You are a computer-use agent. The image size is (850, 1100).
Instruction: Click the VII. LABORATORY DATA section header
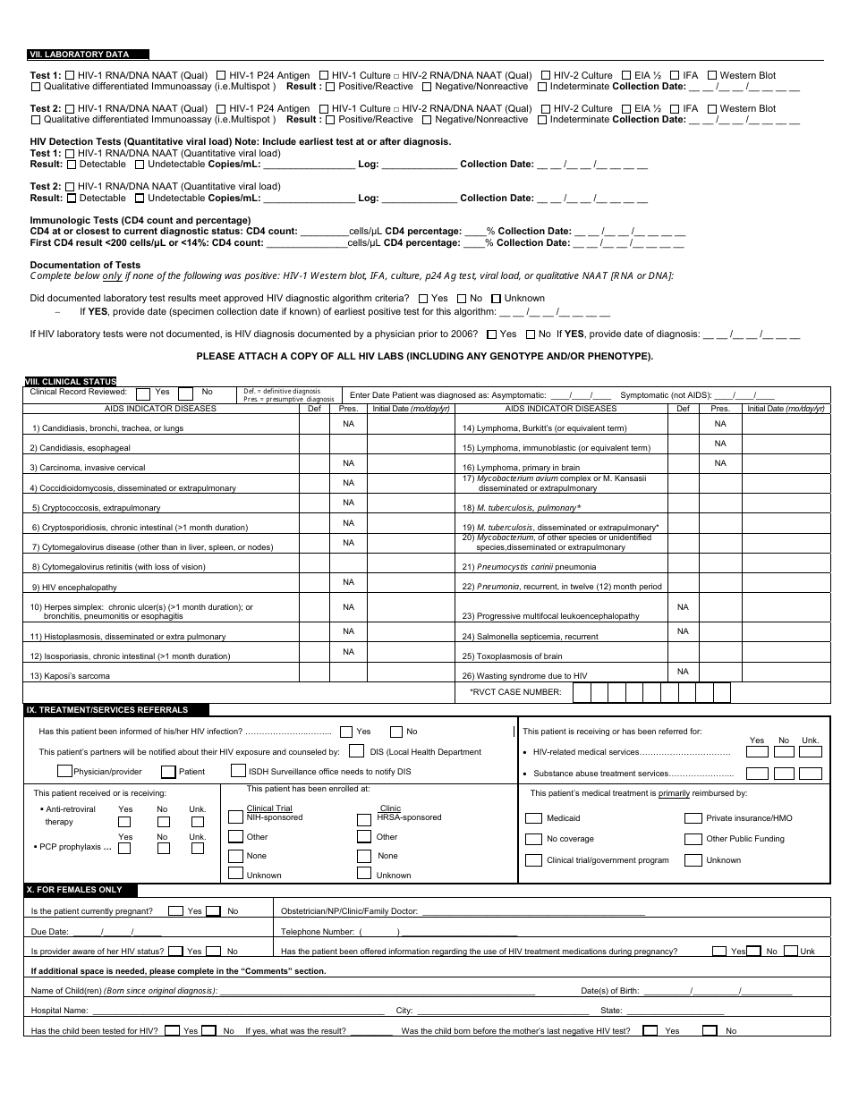(x=80, y=55)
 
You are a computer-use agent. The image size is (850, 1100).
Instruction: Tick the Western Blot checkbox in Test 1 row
(x=712, y=76)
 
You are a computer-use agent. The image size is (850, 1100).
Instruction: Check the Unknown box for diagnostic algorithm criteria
(x=497, y=299)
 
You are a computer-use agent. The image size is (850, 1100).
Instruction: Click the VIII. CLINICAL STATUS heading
(x=71, y=382)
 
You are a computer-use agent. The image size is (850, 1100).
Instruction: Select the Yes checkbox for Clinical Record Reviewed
(x=143, y=393)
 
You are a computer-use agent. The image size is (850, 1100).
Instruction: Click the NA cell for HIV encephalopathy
(x=348, y=582)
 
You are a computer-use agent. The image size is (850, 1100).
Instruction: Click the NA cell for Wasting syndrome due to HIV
(x=683, y=672)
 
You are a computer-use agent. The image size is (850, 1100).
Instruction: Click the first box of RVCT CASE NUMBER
(x=582, y=692)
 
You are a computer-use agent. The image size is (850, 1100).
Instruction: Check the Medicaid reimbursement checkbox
(x=533, y=818)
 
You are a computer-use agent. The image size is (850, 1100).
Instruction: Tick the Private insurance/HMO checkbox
(x=693, y=818)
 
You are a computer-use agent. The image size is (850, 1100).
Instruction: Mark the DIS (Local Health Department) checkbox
(x=356, y=751)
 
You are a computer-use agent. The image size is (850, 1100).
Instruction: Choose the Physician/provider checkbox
(x=64, y=771)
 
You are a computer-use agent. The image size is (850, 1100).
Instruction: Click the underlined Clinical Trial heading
(x=269, y=808)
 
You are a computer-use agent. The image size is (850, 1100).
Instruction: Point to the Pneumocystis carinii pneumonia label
(x=529, y=567)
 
